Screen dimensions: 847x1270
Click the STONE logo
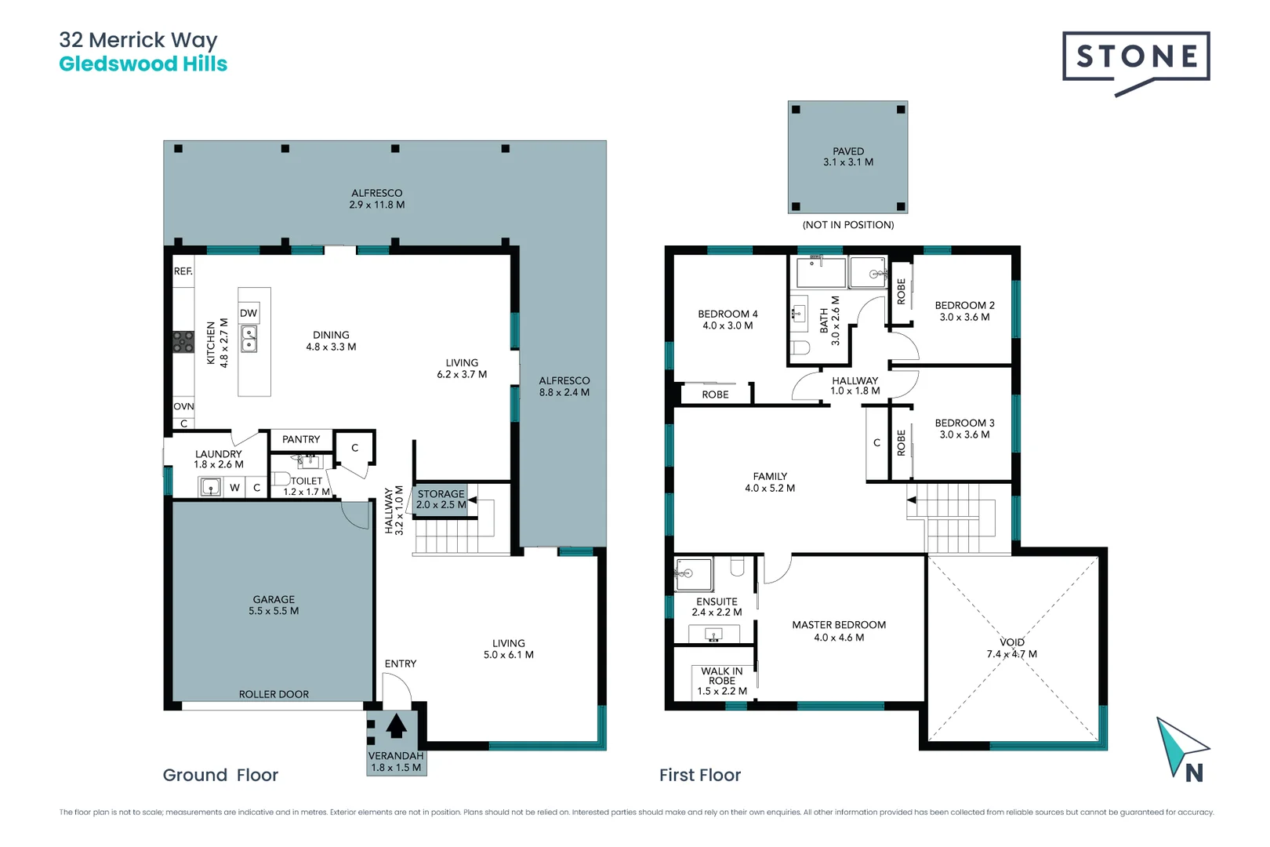click(x=1136, y=57)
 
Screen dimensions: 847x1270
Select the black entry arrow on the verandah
click(x=397, y=725)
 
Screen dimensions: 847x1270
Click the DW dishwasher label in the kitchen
click(x=249, y=313)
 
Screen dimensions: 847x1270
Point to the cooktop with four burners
click(x=183, y=342)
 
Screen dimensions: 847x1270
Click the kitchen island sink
click(x=249, y=340)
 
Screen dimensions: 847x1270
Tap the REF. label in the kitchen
click(x=183, y=271)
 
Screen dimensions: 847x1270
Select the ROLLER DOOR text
click(x=274, y=694)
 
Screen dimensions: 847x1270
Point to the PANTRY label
click(x=301, y=439)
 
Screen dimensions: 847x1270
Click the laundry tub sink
click(x=211, y=488)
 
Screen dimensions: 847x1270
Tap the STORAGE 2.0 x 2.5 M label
click(x=441, y=500)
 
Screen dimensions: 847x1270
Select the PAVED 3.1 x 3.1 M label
click(x=848, y=157)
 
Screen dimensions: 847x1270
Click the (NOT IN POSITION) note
click(x=848, y=225)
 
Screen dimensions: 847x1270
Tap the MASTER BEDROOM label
click(x=839, y=631)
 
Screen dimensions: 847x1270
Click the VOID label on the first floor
click(x=1012, y=642)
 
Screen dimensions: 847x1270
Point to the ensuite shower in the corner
click(x=694, y=574)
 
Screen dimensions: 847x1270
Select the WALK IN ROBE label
click(x=722, y=676)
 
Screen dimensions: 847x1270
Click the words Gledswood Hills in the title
click(x=143, y=64)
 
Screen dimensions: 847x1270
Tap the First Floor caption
click(x=700, y=775)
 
